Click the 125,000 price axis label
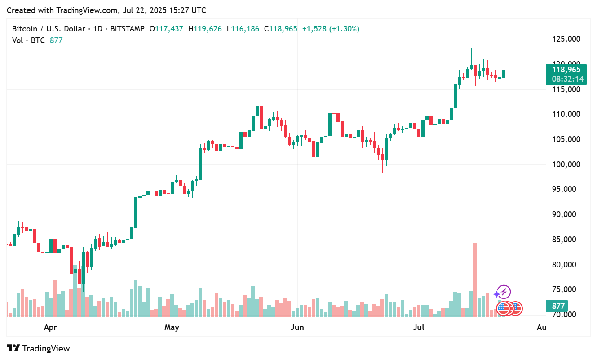565,40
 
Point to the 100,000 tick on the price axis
565,164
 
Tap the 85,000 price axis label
565,240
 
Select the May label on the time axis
172,327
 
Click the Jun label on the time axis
297,327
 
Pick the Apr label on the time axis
50,327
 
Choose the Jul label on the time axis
418,327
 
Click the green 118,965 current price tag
566,70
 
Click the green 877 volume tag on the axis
558,306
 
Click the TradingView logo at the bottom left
39,348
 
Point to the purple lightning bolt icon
504,292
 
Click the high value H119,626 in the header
205,29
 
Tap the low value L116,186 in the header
243,29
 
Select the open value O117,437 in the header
166,29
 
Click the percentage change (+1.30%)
345,29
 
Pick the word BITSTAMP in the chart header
127,29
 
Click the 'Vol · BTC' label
28,40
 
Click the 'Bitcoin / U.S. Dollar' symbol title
49,29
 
